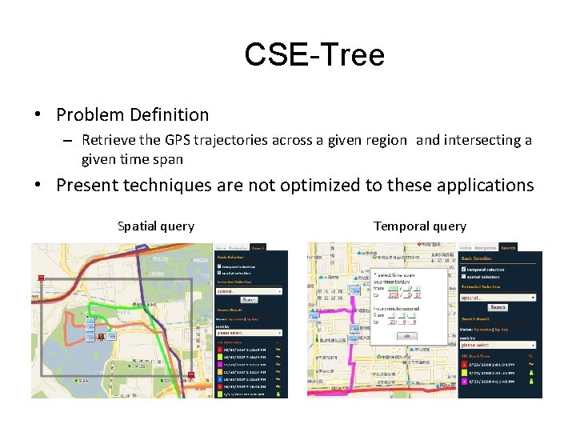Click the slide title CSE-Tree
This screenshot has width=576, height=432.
tap(314, 55)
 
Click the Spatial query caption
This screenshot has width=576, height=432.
tap(155, 226)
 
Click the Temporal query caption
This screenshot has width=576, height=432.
tap(419, 226)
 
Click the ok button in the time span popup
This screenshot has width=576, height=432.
tap(406, 336)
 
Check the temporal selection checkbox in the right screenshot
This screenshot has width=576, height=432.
tap(465, 270)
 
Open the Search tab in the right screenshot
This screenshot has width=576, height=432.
tap(508, 248)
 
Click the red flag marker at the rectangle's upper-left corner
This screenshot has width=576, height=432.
tap(41, 278)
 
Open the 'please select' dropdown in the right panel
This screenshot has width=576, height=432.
tap(496, 345)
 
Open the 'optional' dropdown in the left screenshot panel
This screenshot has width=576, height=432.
tap(249, 291)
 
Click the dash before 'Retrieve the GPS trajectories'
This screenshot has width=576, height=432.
tap(70, 141)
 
